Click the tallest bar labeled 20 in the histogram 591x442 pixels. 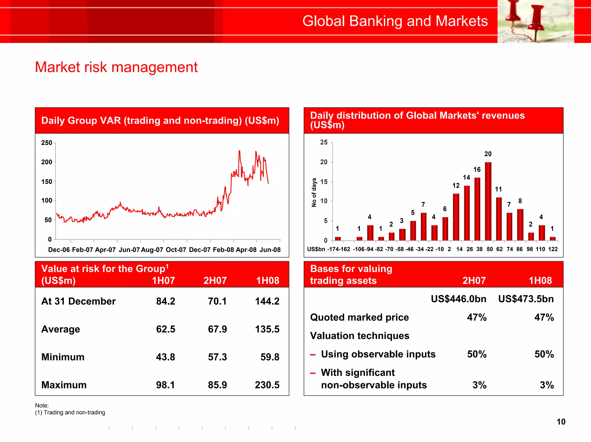[x=488, y=201]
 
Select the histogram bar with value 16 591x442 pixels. [x=477, y=209]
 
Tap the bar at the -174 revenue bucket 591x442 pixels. [x=338, y=238]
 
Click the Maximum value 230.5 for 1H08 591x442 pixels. [x=267, y=385]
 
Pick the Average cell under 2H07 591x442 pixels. [x=217, y=329]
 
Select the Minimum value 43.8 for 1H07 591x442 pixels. [x=165, y=357]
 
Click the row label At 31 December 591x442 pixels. [x=78, y=301]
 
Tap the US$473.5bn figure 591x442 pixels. [x=526, y=299]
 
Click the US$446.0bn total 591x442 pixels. [x=458, y=299]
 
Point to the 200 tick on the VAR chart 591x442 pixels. [x=46, y=162]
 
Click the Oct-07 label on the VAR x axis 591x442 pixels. [x=176, y=250]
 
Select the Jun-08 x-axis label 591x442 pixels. [x=270, y=250]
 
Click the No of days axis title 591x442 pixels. [x=314, y=192]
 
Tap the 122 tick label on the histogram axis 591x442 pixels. [x=553, y=249]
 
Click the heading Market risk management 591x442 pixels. [x=116, y=67]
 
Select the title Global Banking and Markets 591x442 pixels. [x=395, y=21]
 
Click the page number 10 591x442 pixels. [x=561, y=422]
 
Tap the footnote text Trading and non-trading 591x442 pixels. [x=74, y=412]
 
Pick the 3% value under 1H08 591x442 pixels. [x=547, y=385]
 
